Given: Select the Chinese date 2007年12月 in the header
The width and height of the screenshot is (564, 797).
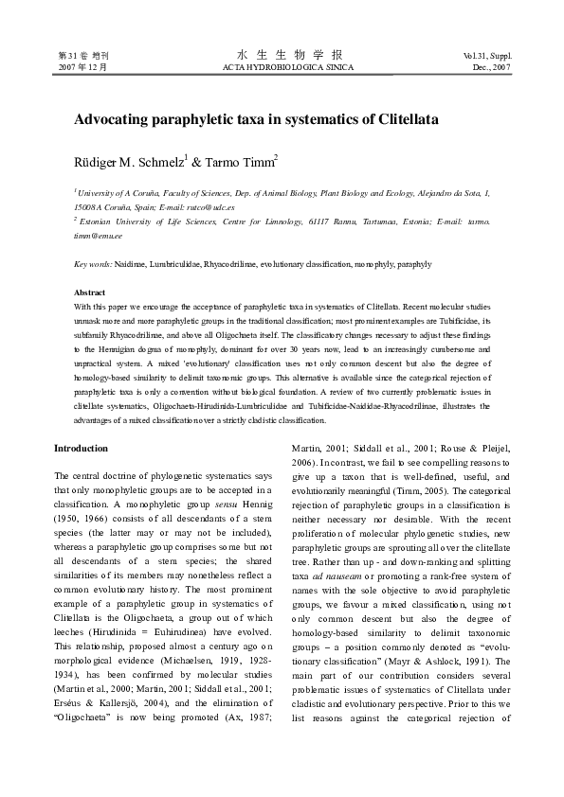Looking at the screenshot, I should point(82,68).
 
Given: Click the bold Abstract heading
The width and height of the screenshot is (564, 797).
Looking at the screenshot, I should point(90,292).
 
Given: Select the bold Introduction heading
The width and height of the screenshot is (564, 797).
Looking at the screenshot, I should point(81,448).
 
